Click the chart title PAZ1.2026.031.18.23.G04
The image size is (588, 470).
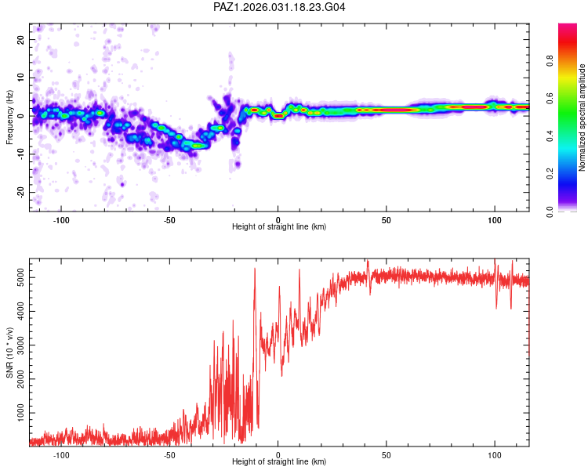[x=279, y=7]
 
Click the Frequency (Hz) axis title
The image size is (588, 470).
[x=9, y=117]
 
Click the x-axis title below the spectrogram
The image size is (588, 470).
[x=279, y=227]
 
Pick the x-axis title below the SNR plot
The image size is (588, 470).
[x=279, y=462]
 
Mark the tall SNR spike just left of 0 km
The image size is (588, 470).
[x=255, y=270]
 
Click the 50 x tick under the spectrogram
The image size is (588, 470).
[x=387, y=219]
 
